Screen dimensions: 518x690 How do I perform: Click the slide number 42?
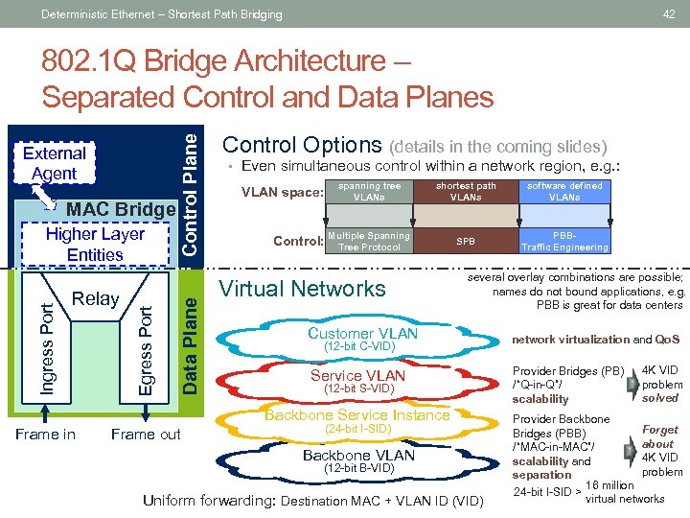point(669,13)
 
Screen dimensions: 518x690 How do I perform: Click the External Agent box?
point(55,163)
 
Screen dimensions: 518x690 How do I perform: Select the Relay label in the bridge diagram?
point(96,298)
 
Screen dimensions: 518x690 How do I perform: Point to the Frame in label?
point(45,435)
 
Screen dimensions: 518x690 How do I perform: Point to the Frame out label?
point(145,435)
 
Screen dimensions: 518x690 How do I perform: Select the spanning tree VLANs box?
point(369,192)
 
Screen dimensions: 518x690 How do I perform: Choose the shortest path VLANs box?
point(466,192)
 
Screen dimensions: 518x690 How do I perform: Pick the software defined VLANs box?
point(564,192)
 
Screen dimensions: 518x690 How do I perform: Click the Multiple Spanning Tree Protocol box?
point(369,241)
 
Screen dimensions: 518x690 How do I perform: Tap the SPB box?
point(466,241)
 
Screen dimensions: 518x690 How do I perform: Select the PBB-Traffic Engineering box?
point(564,241)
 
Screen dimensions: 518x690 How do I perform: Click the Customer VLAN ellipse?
point(362,338)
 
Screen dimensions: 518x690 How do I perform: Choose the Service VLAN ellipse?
point(357,381)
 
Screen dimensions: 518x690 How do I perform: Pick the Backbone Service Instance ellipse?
point(356,421)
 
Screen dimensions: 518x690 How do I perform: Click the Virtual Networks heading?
point(303,289)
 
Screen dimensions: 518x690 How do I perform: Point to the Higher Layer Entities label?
point(95,244)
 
